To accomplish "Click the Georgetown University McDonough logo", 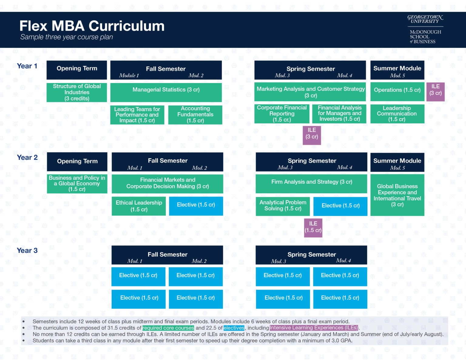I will click(x=425, y=29).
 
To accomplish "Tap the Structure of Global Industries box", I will click(x=77, y=92).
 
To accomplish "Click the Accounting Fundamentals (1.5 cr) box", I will click(x=195, y=115).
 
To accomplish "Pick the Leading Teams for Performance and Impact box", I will click(x=137, y=115).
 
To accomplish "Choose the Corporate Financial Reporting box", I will click(x=282, y=114).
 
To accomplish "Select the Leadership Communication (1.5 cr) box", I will click(x=397, y=114).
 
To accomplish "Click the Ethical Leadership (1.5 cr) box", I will click(x=139, y=206).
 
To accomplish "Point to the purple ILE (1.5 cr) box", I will click(x=313, y=227).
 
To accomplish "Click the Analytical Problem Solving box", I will click(x=283, y=206).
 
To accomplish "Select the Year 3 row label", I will click(x=27, y=251).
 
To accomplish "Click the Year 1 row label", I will click(x=27, y=66).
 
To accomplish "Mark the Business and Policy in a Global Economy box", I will click(x=77, y=183).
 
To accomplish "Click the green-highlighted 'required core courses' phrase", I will click(x=168, y=328).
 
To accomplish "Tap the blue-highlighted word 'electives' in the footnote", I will click(x=234, y=328).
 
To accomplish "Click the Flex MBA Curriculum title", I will click(x=92, y=26).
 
